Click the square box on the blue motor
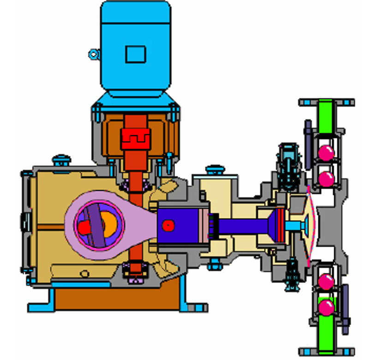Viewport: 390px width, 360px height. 136,54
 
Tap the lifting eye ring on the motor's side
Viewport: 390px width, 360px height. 94,54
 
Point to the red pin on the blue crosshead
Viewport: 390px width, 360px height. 169,225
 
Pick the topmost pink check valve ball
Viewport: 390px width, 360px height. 326,152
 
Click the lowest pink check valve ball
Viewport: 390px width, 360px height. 326,306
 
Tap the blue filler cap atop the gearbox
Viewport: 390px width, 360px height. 61,160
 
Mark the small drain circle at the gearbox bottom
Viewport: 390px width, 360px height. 84,274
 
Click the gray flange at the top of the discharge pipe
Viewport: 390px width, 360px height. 326,102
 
